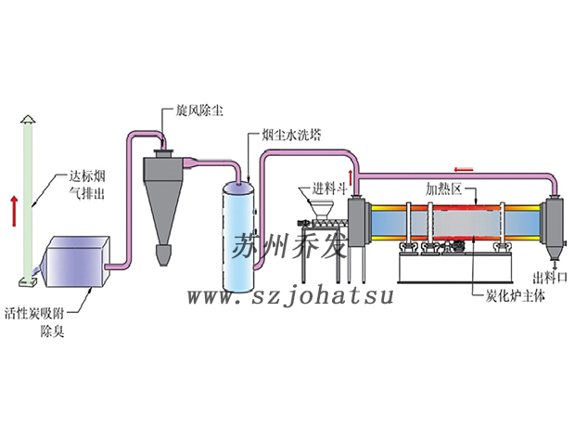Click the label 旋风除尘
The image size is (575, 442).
[x=198, y=109]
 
